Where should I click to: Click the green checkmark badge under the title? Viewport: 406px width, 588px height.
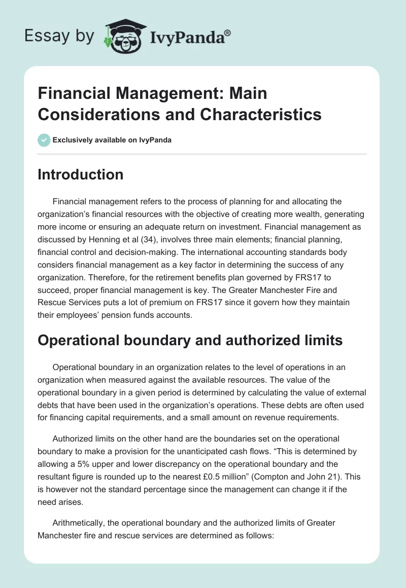pos(44,140)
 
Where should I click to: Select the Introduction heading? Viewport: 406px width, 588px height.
pos(81,174)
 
